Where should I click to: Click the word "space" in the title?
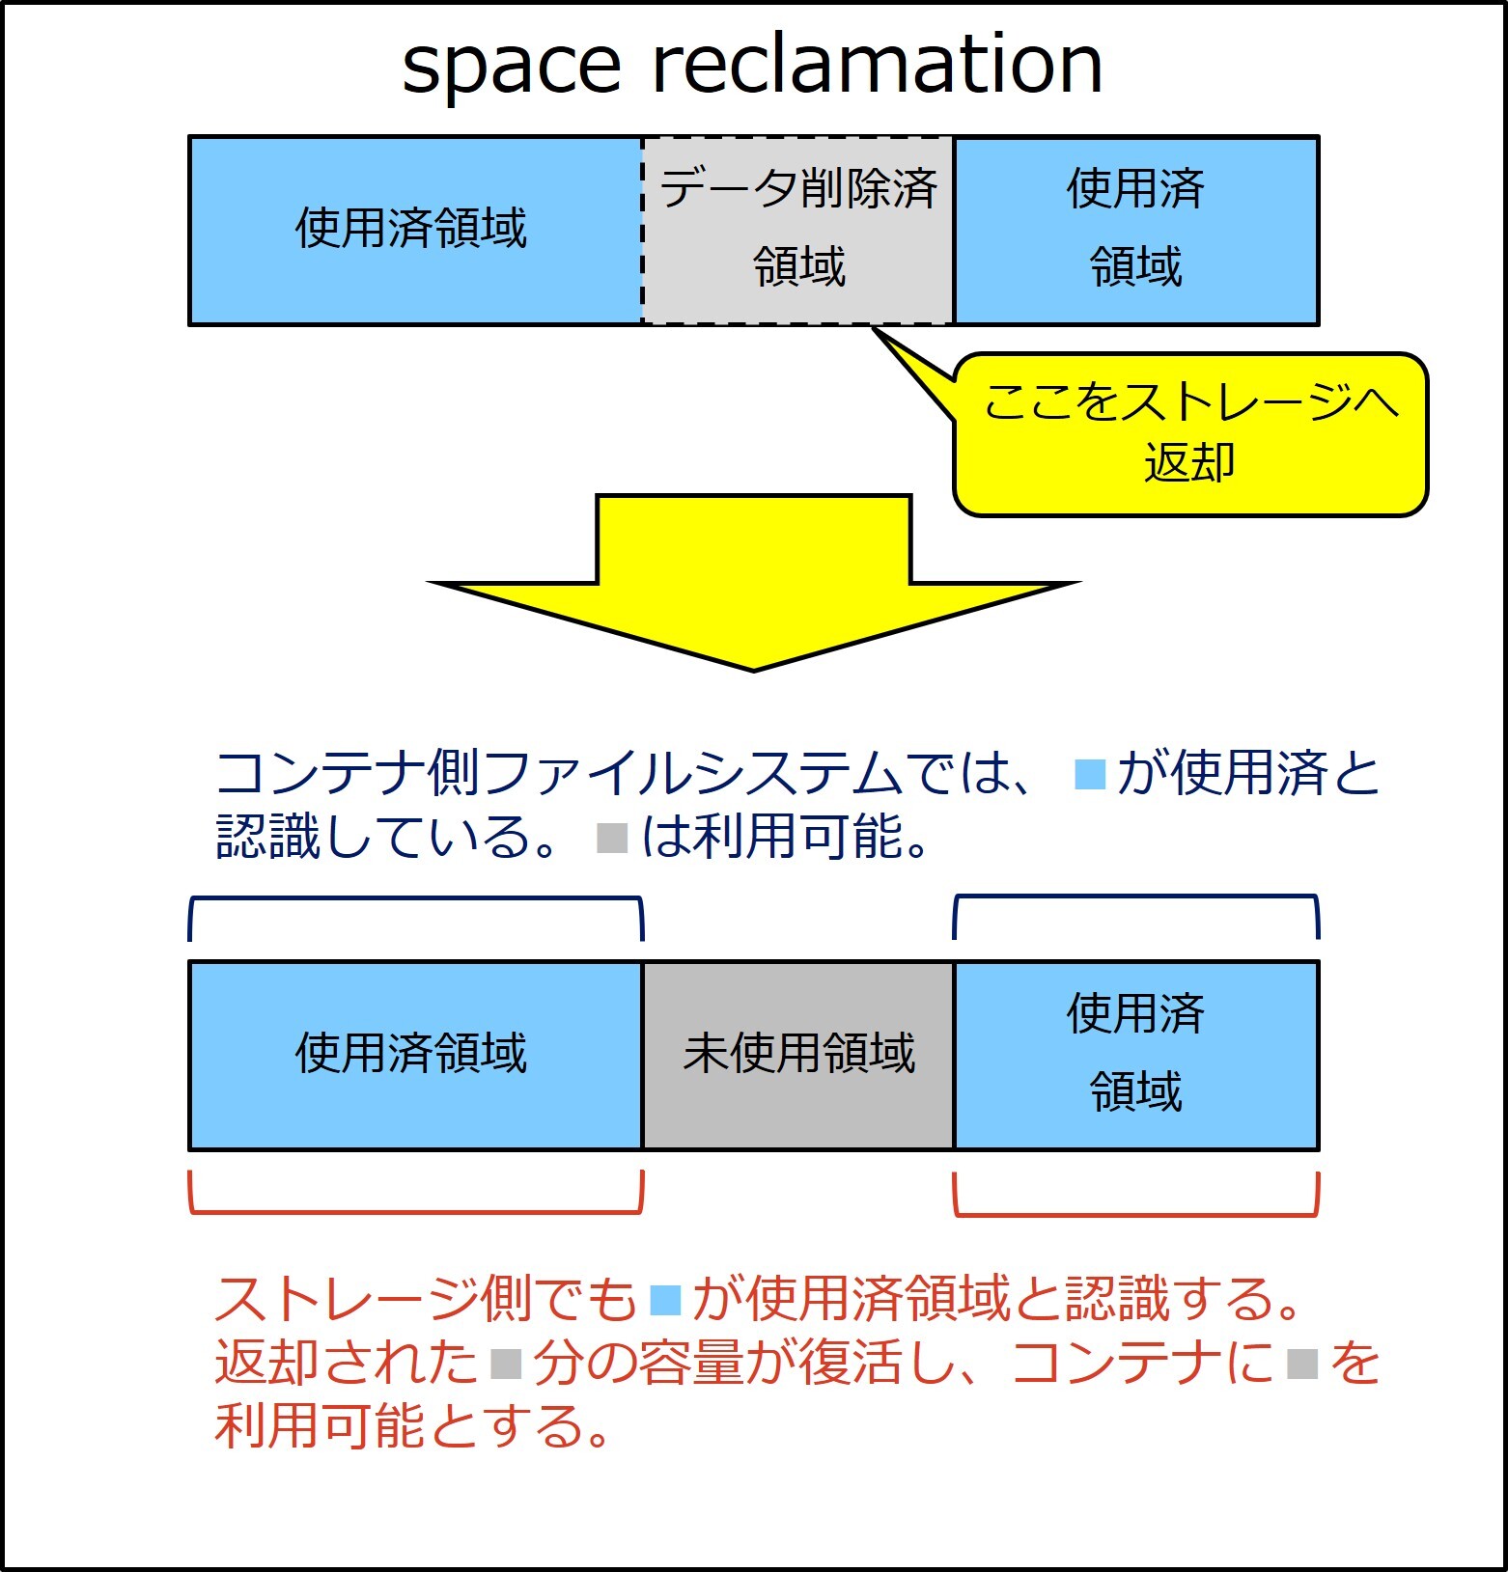(x=511, y=67)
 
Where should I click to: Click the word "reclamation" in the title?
(x=877, y=62)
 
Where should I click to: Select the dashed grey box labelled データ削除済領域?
(x=797, y=230)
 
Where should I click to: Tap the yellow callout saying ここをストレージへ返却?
(x=1189, y=433)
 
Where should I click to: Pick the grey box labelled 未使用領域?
(x=797, y=1055)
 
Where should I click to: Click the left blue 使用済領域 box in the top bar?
(x=415, y=230)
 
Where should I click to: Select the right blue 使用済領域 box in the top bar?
(x=1136, y=230)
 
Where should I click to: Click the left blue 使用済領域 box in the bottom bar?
(x=415, y=1055)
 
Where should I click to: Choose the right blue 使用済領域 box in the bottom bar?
(x=1136, y=1055)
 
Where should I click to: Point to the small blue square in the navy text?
(x=1090, y=776)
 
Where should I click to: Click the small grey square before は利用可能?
(x=612, y=838)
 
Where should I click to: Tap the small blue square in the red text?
(x=666, y=1300)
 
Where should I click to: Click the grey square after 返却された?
(x=506, y=1364)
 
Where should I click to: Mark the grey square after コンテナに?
(x=1302, y=1364)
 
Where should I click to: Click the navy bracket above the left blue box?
(x=415, y=899)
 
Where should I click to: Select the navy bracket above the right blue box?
(x=1136, y=897)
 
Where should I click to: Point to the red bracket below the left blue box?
(x=415, y=1211)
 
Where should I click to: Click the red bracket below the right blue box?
(x=1136, y=1214)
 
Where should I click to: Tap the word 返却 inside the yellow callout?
(x=1189, y=462)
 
